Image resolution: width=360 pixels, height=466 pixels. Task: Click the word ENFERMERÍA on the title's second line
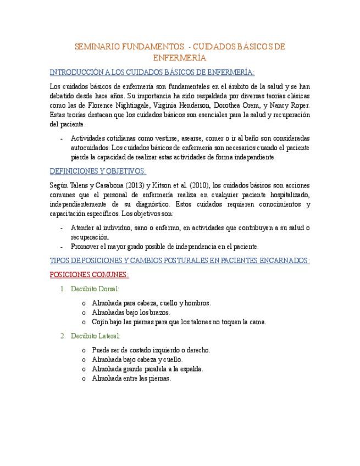[180, 58]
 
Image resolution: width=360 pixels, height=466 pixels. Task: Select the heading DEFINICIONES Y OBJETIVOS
[97, 171]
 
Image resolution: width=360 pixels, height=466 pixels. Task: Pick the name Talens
[82, 186]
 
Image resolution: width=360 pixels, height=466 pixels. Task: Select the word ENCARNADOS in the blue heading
[285, 260]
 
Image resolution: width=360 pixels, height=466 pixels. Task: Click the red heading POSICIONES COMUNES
[89, 274]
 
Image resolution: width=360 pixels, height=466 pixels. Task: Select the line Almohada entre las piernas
[131, 378]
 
